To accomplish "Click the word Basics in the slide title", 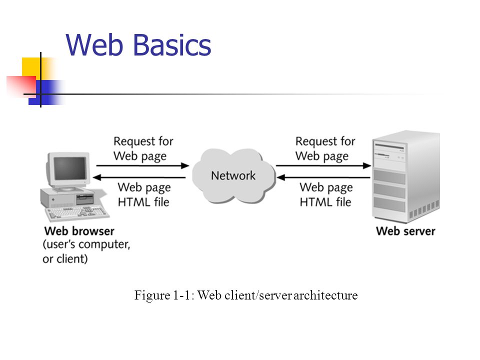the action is (x=172, y=45).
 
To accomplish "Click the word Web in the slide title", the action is (x=94, y=45).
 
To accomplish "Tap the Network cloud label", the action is (x=233, y=175).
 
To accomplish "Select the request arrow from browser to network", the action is (x=142, y=166).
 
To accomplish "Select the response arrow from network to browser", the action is (x=139, y=177).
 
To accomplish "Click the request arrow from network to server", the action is (x=323, y=166).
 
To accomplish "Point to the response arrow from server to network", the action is (x=323, y=177).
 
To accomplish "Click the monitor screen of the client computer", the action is (x=70, y=168).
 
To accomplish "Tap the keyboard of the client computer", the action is (x=77, y=213).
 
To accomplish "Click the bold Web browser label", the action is (x=79, y=231).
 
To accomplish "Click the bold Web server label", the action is (x=405, y=231).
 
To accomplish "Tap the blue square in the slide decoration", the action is (x=46, y=92).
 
